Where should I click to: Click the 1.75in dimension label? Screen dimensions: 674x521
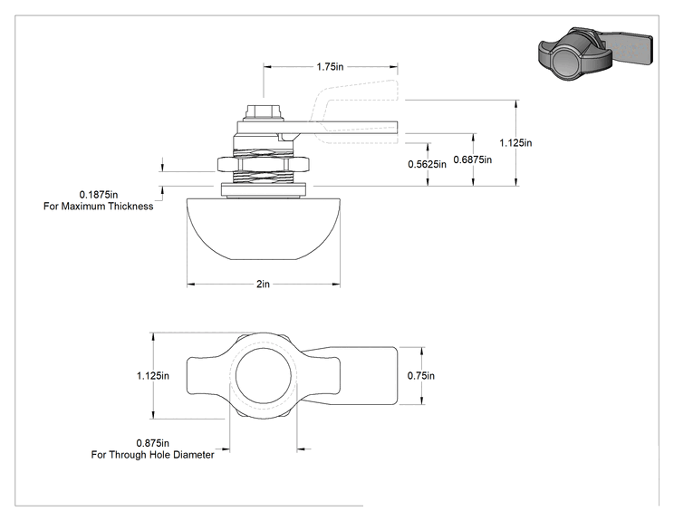[330, 67]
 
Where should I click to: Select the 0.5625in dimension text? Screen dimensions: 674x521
[427, 164]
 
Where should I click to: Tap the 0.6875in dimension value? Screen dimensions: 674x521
[472, 159]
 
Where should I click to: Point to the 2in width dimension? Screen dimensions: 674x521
[263, 285]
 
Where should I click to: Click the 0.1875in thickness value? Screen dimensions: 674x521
[99, 195]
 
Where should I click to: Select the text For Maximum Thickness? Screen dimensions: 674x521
[99, 207]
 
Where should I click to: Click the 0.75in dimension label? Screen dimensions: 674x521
[421, 376]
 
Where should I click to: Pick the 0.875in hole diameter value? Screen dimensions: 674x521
[152, 443]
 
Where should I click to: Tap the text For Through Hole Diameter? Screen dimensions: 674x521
[152, 454]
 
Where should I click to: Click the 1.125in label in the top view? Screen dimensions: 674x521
[153, 376]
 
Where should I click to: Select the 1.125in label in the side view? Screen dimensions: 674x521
[515, 143]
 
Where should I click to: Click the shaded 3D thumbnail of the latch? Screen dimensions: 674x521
[595, 53]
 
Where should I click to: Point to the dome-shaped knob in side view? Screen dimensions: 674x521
[264, 229]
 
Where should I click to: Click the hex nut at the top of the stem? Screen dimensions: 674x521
[264, 112]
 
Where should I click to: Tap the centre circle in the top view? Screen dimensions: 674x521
[264, 375]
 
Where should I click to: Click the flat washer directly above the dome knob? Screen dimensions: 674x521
[264, 189]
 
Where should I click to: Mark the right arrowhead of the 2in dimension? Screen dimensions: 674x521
[336, 285]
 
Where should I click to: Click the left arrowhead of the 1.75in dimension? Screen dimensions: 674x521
[268, 67]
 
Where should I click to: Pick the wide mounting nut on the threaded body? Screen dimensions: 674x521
[264, 164]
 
